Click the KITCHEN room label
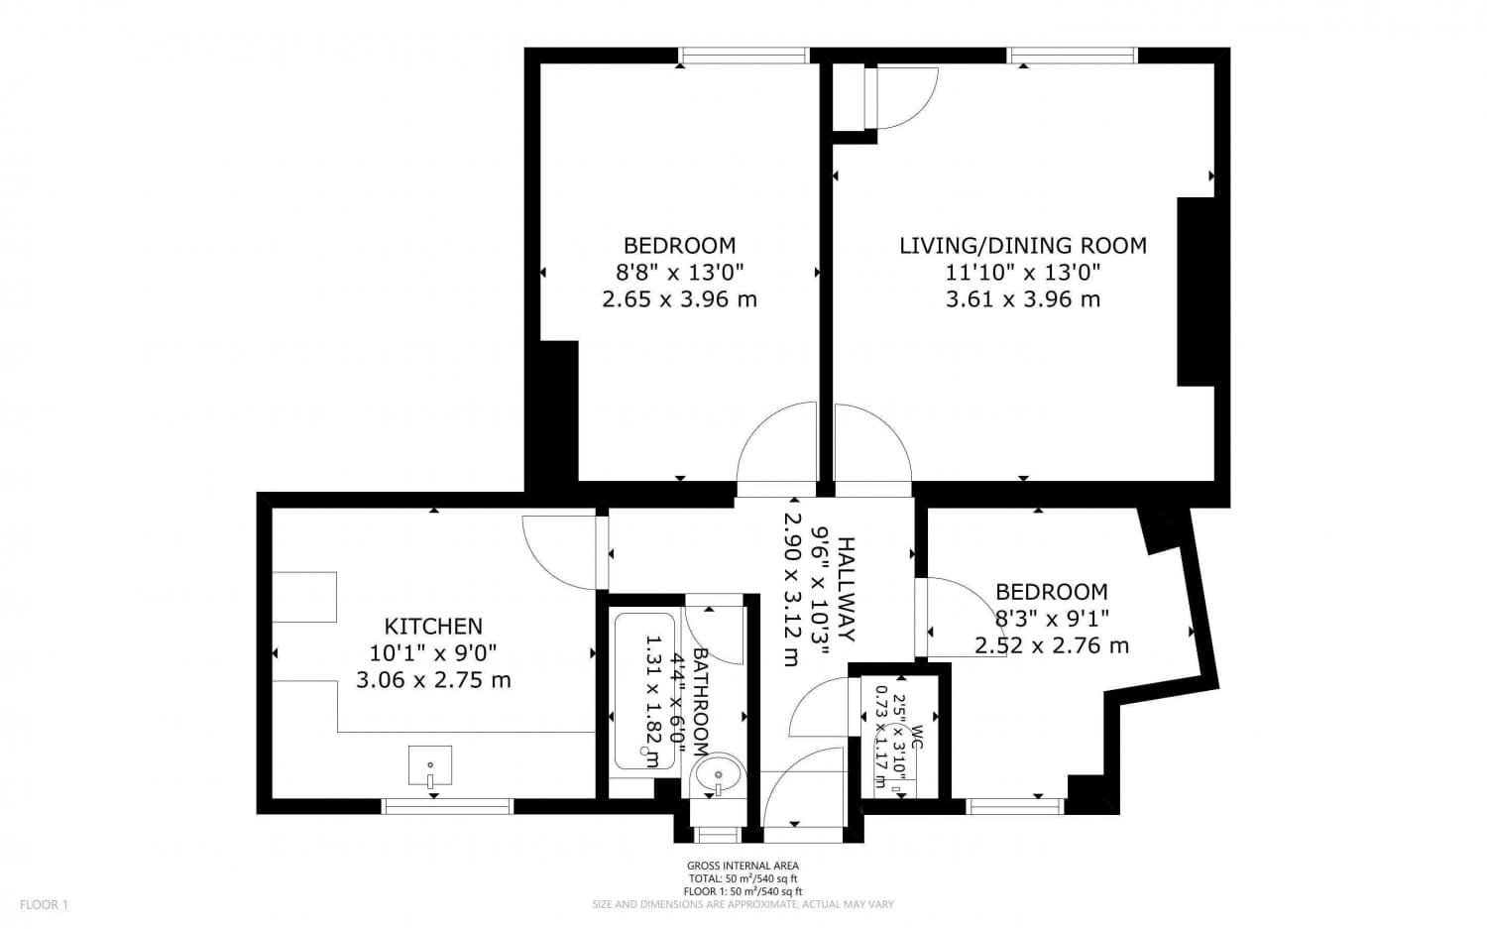[433, 627]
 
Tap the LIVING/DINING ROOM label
[1022, 246]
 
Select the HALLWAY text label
[845, 588]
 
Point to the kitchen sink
[430, 766]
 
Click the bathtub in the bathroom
[644, 690]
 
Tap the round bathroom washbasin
[718, 774]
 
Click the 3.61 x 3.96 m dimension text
[1022, 299]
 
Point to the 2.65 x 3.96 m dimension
[679, 299]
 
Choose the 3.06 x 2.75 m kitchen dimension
[433, 680]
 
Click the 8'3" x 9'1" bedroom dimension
[1051, 619]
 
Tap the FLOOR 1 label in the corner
[45, 904]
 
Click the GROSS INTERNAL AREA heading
[743, 866]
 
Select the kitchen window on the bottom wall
[447, 806]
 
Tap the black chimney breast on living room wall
[1196, 291]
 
